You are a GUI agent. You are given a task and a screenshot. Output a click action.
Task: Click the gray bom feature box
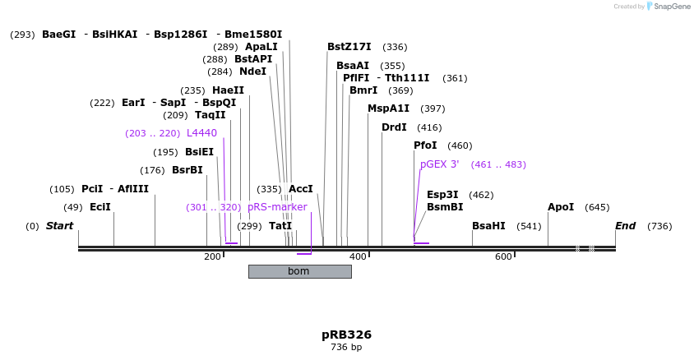pyautogui.click(x=299, y=271)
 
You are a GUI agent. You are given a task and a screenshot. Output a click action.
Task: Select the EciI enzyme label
pyautogui.click(x=99, y=206)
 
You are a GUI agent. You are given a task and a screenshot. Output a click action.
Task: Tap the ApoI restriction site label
pyautogui.click(x=561, y=207)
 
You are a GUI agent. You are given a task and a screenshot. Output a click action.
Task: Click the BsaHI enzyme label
pyautogui.click(x=488, y=226)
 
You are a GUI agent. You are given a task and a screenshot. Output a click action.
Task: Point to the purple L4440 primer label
pyautogui.click(x=201, y=133)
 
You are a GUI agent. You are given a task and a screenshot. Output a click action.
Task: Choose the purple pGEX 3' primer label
pyautogui.click(x=440, y=164)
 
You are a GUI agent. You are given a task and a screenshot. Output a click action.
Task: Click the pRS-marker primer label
pyautogui.click(x=277, y=207)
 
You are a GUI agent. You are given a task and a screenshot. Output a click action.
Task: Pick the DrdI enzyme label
pyautogui.click(x=394, y=127)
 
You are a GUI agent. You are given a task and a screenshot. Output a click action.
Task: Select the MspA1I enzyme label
pyautogui.click(x=388, y=108)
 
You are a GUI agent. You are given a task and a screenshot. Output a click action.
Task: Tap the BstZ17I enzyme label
pyautogui.click(x=349, y=47)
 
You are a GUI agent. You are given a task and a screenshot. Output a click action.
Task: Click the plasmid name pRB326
pyautogui.click(x=346, y=335)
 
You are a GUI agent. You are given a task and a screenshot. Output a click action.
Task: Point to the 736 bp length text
pyautogui.click(x=346, y=348)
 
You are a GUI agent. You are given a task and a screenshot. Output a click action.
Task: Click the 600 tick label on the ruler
pyautogui.click(x=503, y=257)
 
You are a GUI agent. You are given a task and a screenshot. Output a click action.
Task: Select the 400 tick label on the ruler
pyautogui.click(x=358, y=257)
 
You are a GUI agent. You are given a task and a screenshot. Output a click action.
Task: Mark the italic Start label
pyautogui.click(x=59, y=226)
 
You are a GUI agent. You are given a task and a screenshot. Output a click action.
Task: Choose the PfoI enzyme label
pyautogui.click(x=425, y=145)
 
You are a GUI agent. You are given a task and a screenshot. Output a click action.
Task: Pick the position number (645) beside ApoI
pyautogui.click(x=597, y=207)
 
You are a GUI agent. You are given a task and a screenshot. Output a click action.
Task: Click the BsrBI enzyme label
pyautogui.click(x=187, y=170)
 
